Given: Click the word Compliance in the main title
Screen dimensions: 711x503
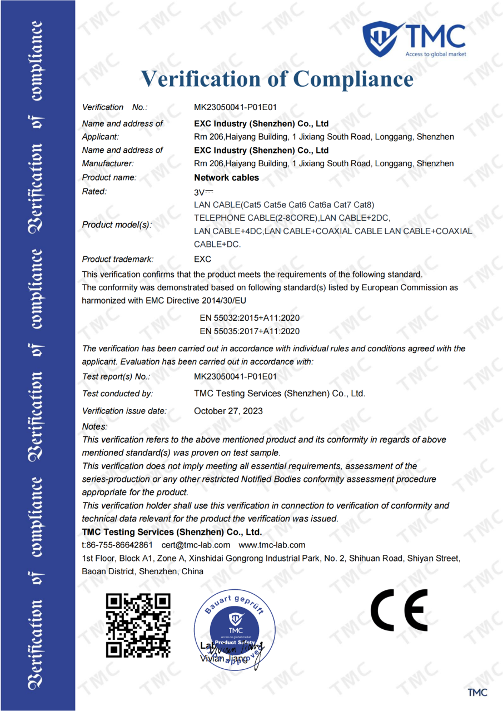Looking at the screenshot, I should [353, 78].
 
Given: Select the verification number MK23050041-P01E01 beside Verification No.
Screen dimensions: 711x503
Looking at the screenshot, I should [235, 107].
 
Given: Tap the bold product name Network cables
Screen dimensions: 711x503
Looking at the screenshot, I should [226, 177].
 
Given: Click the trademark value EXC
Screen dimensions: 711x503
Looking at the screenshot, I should [202, 259].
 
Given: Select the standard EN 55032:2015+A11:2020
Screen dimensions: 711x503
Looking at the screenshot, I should [250, 318].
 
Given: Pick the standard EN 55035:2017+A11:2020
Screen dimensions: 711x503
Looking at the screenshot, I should [250, 331].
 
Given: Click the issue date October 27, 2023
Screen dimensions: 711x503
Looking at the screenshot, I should [228, 411].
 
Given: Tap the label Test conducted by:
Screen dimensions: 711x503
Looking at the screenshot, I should [117, 394].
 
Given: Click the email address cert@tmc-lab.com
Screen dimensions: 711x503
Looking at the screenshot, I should [196, 545].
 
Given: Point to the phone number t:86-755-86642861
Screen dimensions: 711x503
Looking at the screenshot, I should [117, 545].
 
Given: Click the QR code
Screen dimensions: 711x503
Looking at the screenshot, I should [138, 625].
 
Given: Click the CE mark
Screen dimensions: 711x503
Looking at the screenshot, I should [399, 610].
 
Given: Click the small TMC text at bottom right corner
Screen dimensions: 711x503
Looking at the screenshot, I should [477, 692].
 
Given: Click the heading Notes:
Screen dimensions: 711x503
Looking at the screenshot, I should [94, 426].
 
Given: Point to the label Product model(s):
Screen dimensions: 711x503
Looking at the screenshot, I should [117, 225].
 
